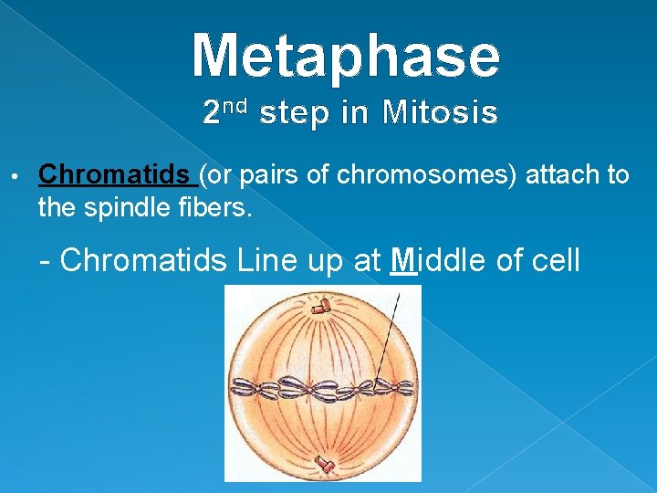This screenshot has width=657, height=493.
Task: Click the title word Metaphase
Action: coord(346,56)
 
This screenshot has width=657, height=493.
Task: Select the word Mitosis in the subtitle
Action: coord(440,113)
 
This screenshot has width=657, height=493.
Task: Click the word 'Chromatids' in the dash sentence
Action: coord(143,260)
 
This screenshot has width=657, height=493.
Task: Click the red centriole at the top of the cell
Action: coord(320,308)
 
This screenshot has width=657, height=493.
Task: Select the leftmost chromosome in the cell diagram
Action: coord(244,391)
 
